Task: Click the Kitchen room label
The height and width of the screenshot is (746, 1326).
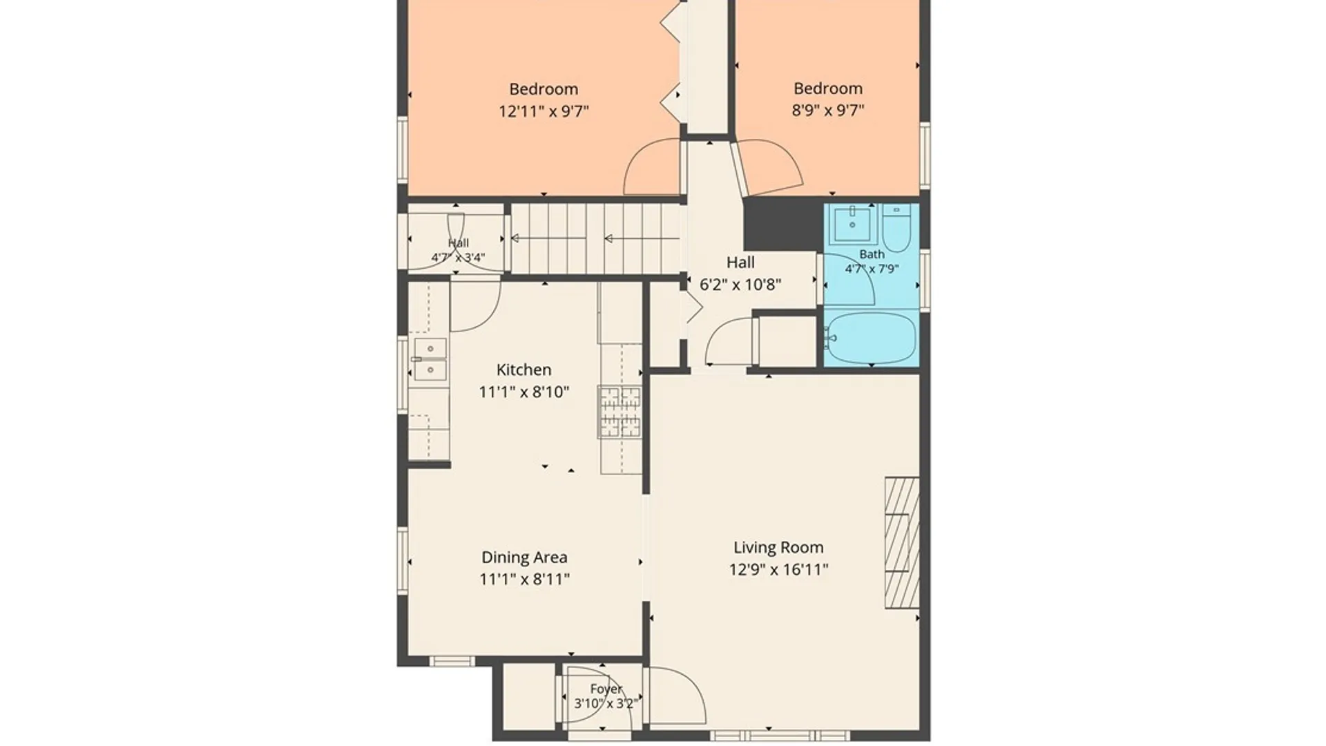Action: pos(523,370)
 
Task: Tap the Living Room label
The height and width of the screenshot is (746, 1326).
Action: pos(778,548)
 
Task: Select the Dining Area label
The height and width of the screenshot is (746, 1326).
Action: pos(524,557)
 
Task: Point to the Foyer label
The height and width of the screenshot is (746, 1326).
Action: pos(606,689)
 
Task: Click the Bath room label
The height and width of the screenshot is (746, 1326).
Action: pos(872,254)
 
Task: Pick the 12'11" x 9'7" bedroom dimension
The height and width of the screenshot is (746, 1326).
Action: pos(544,111)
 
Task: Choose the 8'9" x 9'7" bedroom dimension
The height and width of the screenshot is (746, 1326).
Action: pos(827,110)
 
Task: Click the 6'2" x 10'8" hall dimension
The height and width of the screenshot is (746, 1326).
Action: pos(740,285)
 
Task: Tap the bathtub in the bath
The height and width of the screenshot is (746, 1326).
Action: pos(871,338)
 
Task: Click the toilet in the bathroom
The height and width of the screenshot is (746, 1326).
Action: pos(897,228)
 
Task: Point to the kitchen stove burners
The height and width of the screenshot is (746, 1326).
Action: pos(619,412)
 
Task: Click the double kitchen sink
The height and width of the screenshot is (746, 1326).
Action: pos(430,359)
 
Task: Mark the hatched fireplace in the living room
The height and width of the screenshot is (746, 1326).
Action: pos(902,542)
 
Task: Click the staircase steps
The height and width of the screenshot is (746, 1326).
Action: pos(596,239)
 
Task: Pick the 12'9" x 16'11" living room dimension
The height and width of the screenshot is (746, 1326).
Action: pos(778,570)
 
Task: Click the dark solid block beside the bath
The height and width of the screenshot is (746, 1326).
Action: pos(783,224)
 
